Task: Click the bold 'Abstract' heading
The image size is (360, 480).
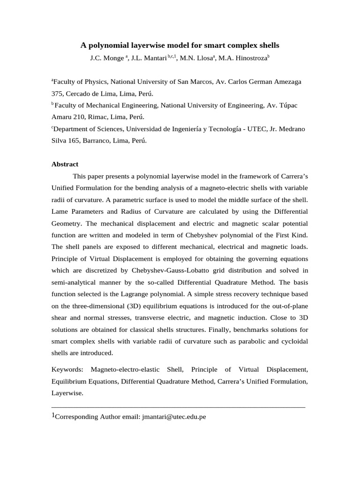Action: coord(65,164)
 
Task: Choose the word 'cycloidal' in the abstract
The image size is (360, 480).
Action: coord(293,341)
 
